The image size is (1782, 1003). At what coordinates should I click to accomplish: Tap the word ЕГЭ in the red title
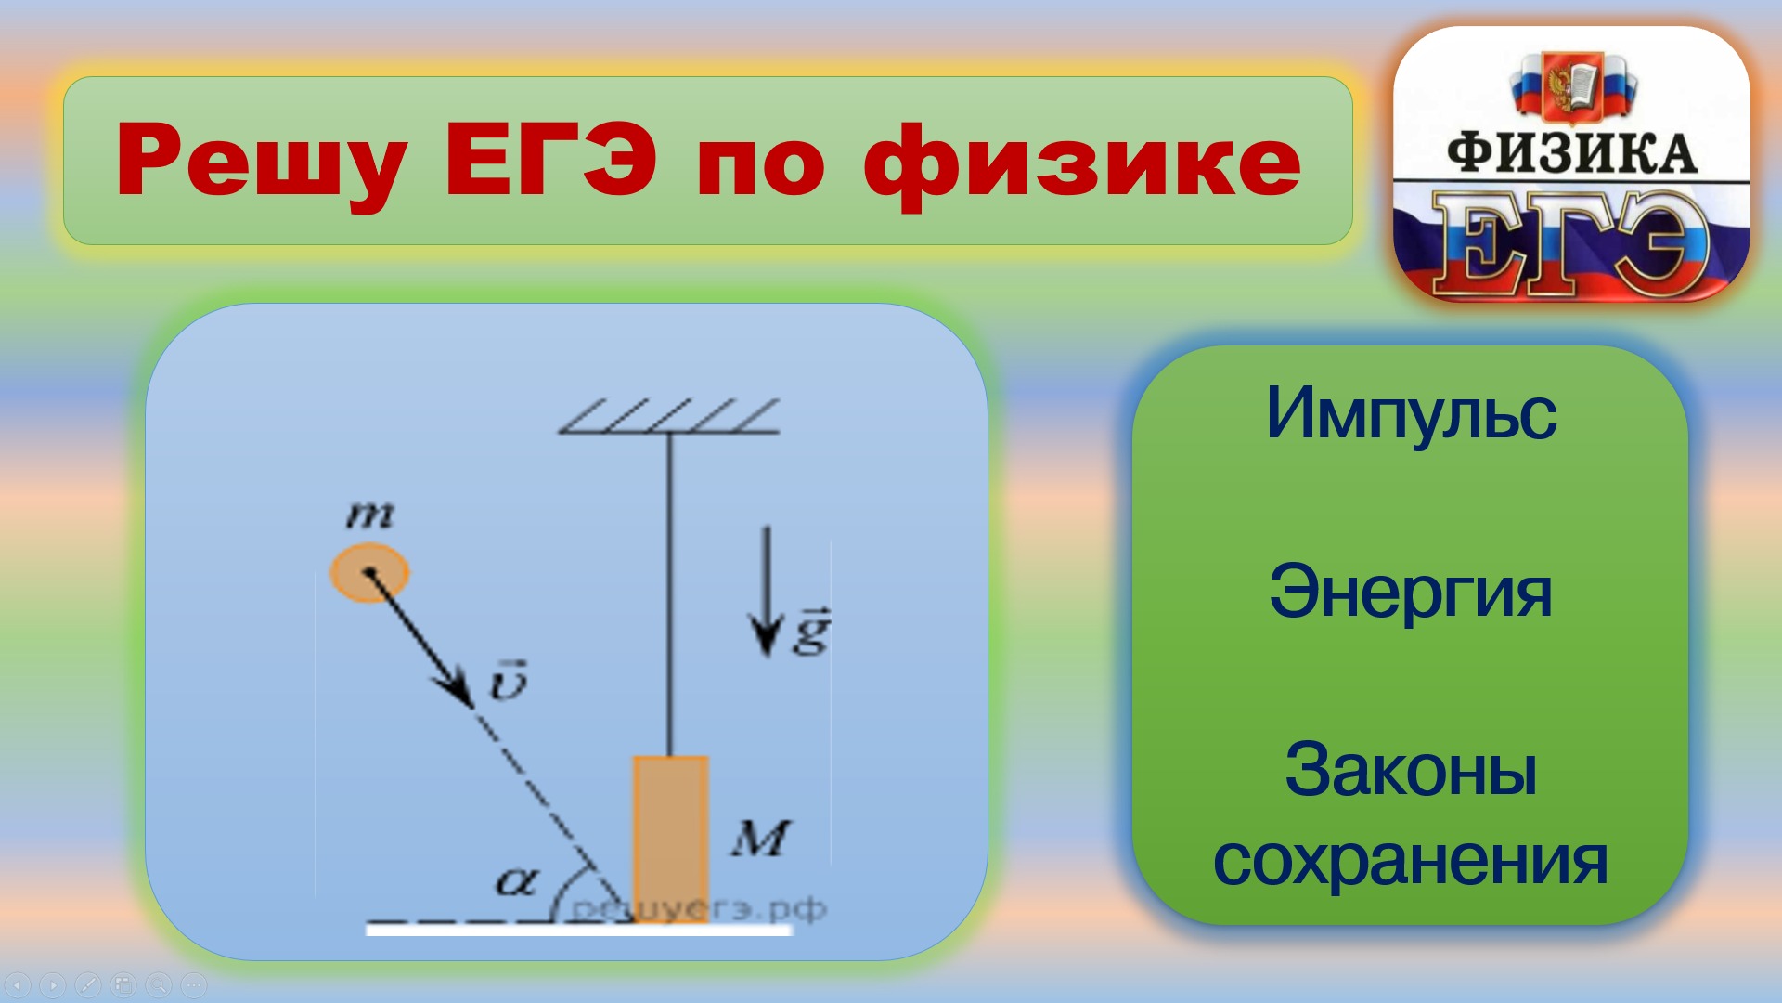click(x=551, y=160)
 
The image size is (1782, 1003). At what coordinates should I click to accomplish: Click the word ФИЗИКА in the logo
click(x=1572, y=154)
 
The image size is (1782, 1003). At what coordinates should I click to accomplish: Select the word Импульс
click(x=1411, y=413)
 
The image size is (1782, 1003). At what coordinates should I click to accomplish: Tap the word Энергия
click(x=1410, y=592)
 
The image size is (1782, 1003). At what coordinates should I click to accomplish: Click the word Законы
click(x=1411, y=770)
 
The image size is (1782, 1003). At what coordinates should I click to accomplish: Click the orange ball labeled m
click(x=369, y=573)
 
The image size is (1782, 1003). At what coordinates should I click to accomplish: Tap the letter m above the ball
click(x=369, y=514)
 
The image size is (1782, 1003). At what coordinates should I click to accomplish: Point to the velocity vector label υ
click(x=509, y=681)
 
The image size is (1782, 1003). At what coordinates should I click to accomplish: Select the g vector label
click(x=811, y=632)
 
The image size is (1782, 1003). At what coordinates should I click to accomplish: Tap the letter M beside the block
click(x=760, y=839)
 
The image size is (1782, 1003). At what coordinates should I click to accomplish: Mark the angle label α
click(x=515, y=880)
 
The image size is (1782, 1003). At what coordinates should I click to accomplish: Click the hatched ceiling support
click(x=669, y=417)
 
